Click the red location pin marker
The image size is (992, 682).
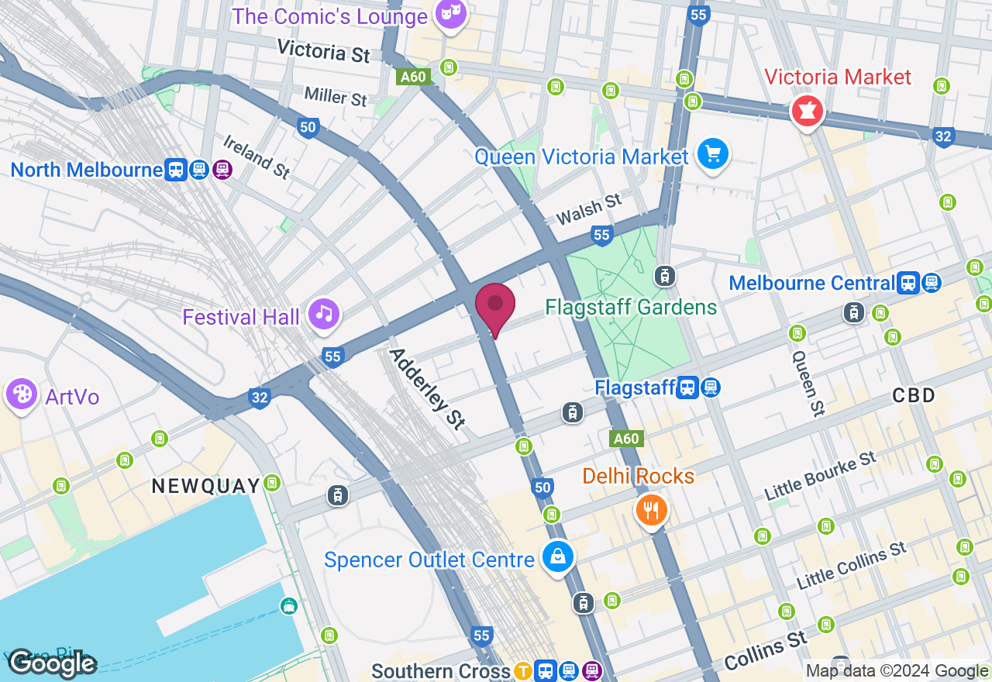click(x=495, y=306)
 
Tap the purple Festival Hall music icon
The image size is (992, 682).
click(x=324, y=313)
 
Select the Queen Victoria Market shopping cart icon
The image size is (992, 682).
click(x=711, y=153)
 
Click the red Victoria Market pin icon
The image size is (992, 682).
click(x=806, y=112)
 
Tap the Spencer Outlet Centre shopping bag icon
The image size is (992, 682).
click(x=557, y=556)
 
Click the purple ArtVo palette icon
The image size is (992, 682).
click(x=21, y=394)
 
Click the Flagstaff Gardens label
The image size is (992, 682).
click(x=631, y=308)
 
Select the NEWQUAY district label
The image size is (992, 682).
click(x=206, y=486)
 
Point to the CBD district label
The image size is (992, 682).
click(x=914, y=395)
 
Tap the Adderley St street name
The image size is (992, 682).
click(x=427, y=388)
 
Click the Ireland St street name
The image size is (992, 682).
click(x=256, y=157)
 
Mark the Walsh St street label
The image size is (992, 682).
click(x=588, y=210)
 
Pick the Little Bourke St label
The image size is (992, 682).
click(x=820, y=476)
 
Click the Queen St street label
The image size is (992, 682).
click(x=807, y=383)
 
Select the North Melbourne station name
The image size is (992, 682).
click(x=86, y=170)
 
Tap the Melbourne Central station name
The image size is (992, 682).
click(x=811, y=283)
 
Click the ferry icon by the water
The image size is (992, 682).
click(x=289, y=605)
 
